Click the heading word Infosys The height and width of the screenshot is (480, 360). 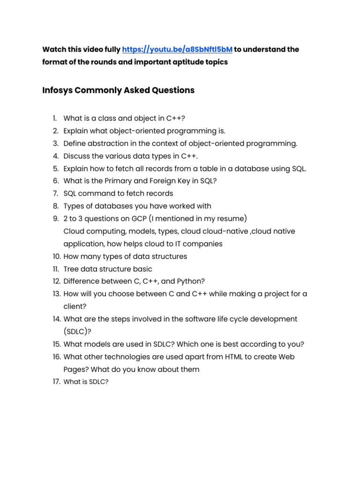[57, 90]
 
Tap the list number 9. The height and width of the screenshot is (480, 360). [55, 218]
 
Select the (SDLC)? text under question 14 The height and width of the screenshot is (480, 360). [77, 331]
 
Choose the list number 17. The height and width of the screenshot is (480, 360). [56, 382]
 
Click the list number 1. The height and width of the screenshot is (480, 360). [54, 118]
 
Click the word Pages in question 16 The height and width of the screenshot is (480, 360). [74, 369]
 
